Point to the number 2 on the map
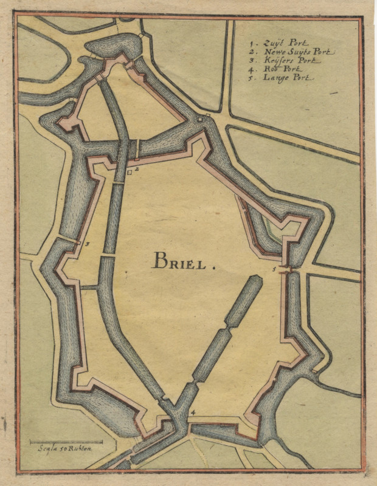(x=137, y=169)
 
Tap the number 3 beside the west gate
(x=88, y=244)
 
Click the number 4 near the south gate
(x=193, y=413)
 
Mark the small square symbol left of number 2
(x=130, y=173)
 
